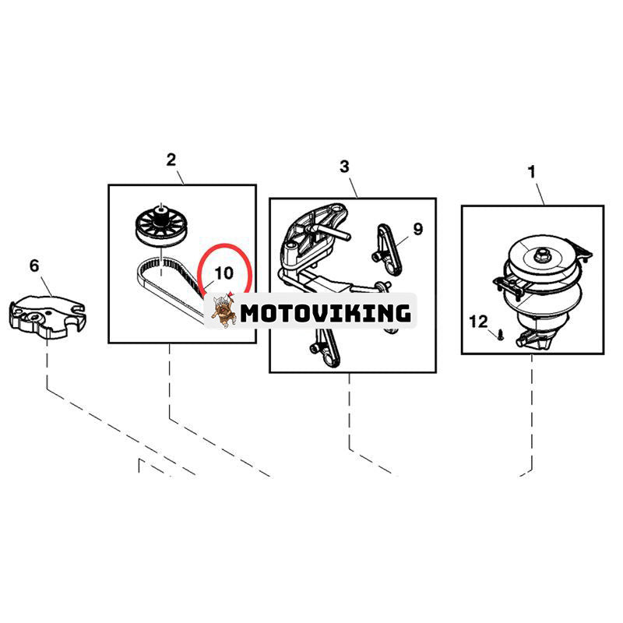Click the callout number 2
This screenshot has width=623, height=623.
171,160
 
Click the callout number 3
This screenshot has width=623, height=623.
344,166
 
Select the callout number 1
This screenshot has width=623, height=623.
531,172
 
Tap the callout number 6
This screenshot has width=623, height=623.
34,266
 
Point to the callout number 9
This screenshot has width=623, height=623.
418,229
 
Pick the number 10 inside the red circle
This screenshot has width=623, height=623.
224,273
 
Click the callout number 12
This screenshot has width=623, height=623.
478,322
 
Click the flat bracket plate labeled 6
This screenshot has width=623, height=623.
46,317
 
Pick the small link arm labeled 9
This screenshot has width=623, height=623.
388,249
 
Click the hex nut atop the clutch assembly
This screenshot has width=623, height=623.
540,255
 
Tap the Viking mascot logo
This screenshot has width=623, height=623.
224,311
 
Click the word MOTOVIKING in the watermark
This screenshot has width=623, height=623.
326,314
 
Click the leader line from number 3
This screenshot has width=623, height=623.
354,187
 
